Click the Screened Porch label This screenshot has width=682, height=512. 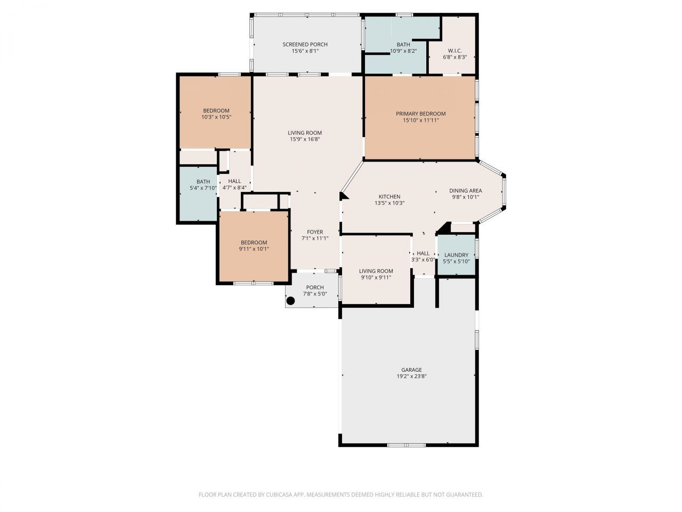[x=305, y=44]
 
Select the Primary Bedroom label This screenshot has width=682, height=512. [x=420, y=114]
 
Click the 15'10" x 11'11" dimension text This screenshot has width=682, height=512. [x=420, y=121]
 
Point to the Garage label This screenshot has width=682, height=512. [x=411, y=370]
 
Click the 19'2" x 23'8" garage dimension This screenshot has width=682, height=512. [x=411, y=377]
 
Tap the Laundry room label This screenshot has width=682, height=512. [x=456, y=255]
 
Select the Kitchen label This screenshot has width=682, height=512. [x=389, y=197]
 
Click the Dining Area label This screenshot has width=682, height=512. [x=465, y=190]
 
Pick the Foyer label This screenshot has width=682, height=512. [x=315, y=232]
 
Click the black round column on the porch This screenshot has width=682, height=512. [x=291, y=301]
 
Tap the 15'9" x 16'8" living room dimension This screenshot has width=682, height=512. [x=305, y=140]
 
